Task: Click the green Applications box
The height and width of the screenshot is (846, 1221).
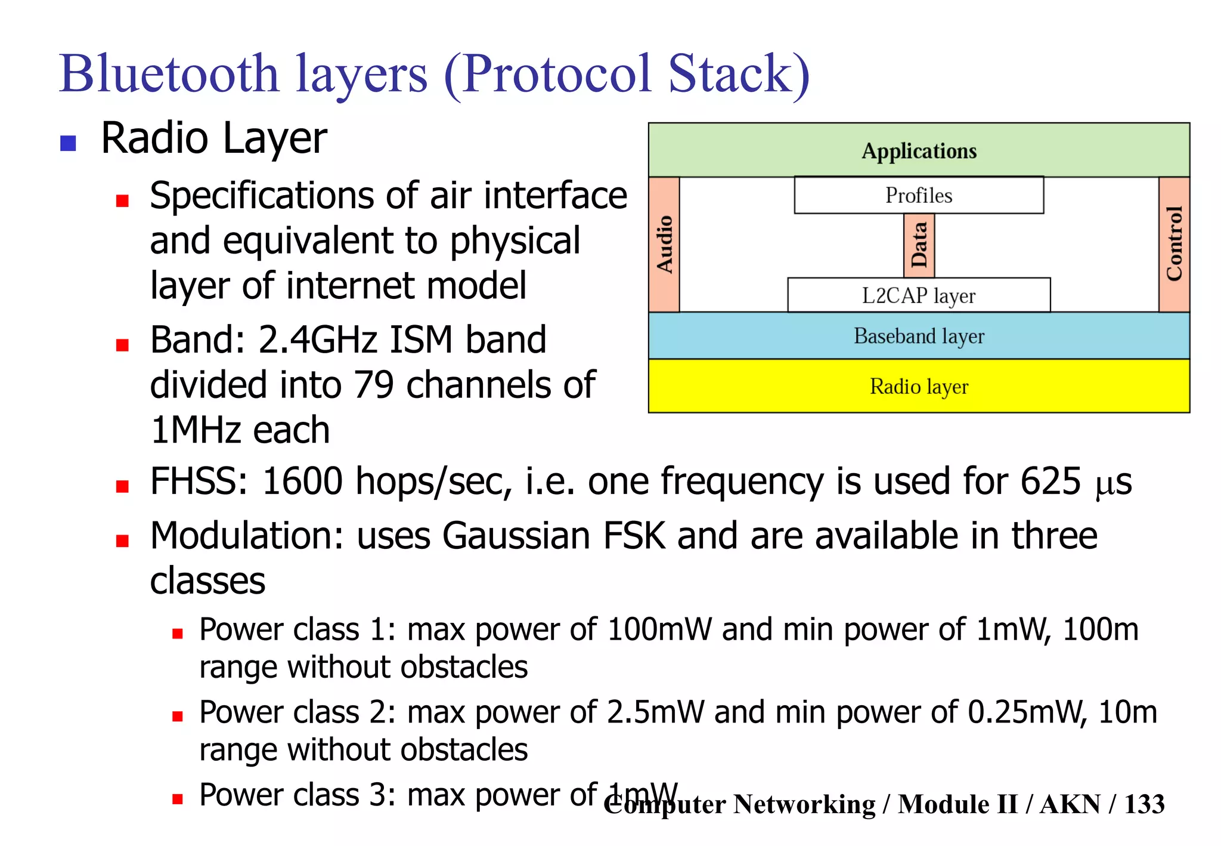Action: (919, 150)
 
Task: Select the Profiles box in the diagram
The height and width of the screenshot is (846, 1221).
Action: (919, 195)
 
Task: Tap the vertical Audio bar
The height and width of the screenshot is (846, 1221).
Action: (664, 245)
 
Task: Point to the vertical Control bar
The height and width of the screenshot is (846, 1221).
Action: (1174, 245)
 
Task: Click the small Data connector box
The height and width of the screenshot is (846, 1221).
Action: (919, 245)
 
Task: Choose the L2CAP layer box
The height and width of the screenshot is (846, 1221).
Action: (919, 295)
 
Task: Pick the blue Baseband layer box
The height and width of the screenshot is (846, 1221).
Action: (919, 336)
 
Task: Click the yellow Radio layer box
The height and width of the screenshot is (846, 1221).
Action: (919, 386)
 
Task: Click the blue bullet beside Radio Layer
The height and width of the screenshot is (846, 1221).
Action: (69, 143)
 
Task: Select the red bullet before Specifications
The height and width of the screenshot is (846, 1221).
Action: (123, 200)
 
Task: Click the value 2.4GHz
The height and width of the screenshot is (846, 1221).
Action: (317, 340)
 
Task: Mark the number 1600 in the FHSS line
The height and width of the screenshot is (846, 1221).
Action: (302, 481)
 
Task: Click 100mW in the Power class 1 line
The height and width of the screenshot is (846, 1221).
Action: (659, 629)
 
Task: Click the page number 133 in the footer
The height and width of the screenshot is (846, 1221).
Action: (1144, 804)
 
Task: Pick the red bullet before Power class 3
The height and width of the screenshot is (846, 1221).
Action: (177, 799)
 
